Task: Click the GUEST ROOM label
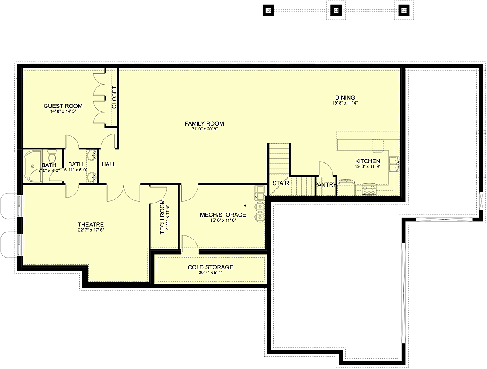tap(63, 106)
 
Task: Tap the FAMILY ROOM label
tap(205, 124)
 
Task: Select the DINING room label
tap(345, 97)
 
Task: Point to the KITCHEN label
tap(368, 161)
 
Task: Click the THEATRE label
tap(91, 225)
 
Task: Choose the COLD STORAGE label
tap(210, 267)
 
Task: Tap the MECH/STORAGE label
tap(223, 215)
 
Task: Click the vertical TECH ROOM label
tap(162, 217)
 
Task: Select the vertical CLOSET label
tap(114, 97)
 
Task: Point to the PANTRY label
tap(325, 185)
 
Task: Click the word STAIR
tap(281, 183)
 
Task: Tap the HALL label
tap(108, 164)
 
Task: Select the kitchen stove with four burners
tap(369, 190)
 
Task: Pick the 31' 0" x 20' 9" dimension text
tap(205, 129)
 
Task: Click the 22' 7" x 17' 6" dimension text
tap(91, 230)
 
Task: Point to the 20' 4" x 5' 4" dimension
tap(210, 273)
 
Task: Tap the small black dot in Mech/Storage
tap(245, 205)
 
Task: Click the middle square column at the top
tap(336, 11)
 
